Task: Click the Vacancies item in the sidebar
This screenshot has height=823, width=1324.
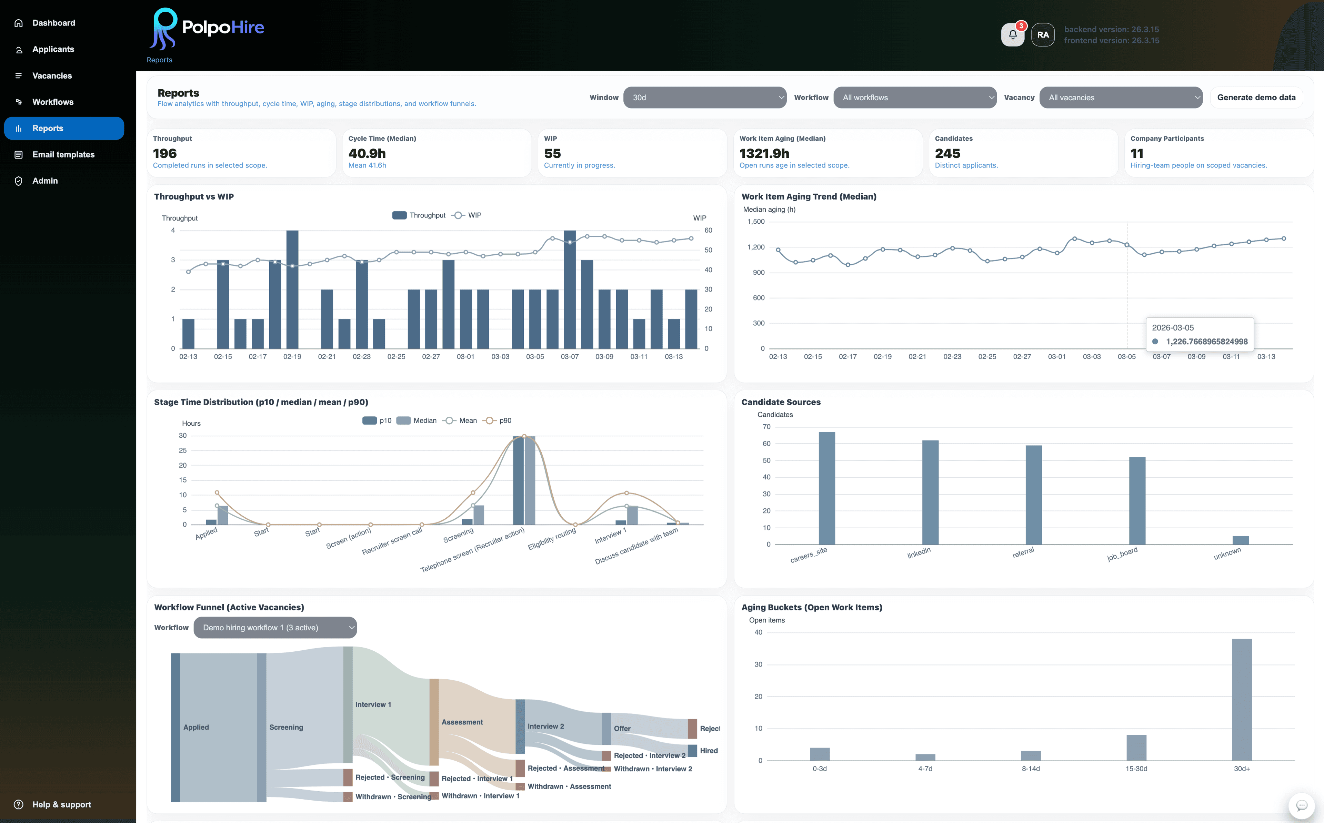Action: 52,76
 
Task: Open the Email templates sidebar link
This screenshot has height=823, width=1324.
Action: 63,155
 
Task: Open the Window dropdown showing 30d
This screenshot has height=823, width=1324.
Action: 704,98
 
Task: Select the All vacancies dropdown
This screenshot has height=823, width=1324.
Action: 1120,98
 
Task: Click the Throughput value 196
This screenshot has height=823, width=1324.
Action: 165,153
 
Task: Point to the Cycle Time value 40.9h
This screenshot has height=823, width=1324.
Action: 367,153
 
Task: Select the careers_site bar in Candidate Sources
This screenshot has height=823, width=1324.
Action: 826,488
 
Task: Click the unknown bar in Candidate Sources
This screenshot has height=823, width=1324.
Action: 1240,540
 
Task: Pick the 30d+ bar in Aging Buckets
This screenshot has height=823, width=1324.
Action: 1242,699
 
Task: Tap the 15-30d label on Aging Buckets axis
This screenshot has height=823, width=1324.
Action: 1136,769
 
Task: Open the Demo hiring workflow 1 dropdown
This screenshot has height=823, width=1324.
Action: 275,628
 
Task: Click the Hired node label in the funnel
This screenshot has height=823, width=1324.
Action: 708,751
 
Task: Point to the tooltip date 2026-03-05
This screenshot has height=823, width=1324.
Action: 1173,328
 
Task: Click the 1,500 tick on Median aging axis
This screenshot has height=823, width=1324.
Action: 756,222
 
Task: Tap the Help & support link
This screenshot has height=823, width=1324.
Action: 61,804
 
